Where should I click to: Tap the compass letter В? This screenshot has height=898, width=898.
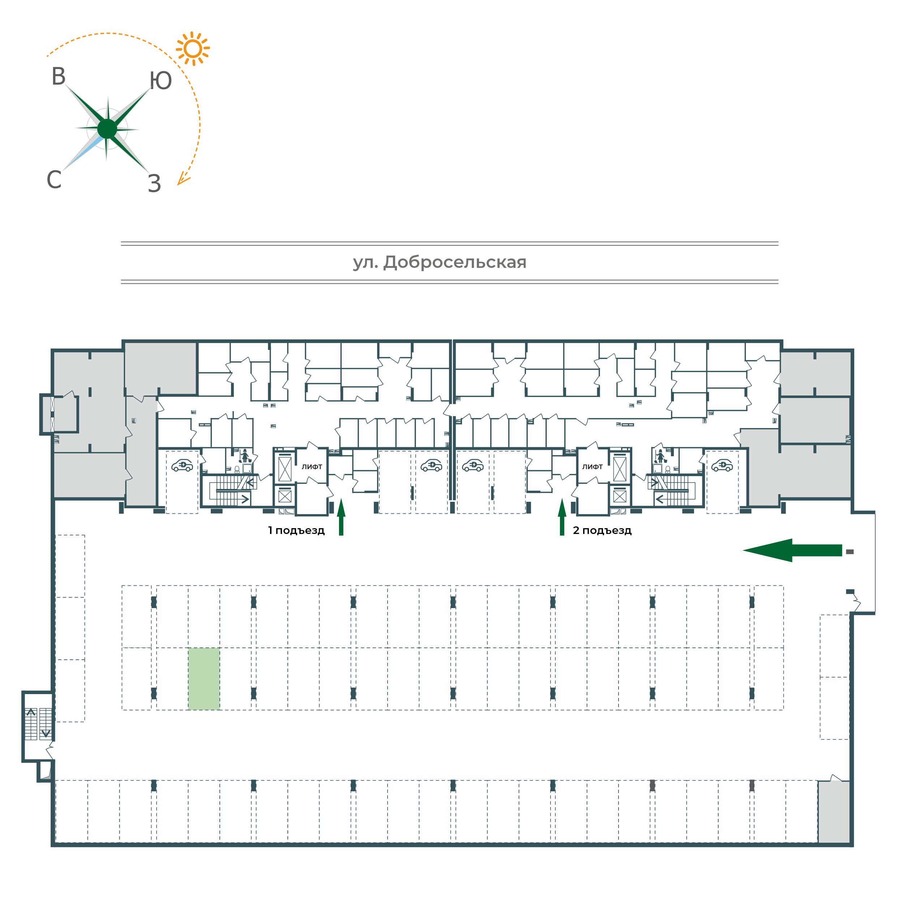tap(59, 77)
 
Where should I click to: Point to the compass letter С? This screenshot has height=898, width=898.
tap(54, 179)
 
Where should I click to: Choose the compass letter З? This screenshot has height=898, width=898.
tap(154, 184)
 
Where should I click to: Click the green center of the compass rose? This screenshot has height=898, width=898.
tap(107, 129)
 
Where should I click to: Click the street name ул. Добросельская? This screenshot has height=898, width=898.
tap(440, 262)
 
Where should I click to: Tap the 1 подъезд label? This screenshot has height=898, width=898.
tap(296, 530)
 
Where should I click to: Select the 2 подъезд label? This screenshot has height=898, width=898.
tap(602, 530)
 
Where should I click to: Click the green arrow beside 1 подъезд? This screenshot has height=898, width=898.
tap(341, 517)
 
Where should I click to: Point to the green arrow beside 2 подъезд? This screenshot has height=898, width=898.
tap(562, 517)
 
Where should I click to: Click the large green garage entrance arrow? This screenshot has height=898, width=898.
tap(792, 550)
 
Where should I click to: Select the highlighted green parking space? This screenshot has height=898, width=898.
tap(204, 679)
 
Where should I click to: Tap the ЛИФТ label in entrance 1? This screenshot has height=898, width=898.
tap(312, 467)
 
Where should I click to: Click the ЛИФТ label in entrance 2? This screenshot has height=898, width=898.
tap(593, 467)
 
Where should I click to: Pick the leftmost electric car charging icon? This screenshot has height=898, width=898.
tap(182, 465)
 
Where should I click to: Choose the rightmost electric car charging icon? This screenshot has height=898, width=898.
tap(722, 465)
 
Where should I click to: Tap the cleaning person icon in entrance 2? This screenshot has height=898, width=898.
tap(659, 457)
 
